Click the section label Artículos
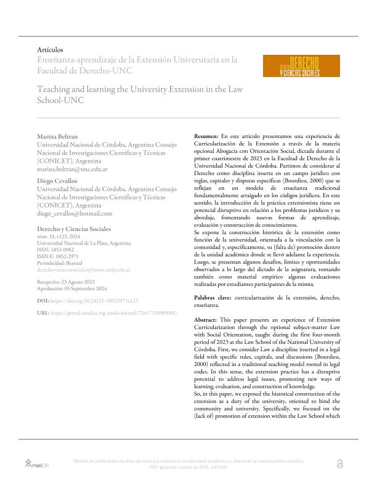(x=51, y=49)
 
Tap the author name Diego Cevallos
(x=59, y=181)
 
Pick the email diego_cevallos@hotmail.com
(x=75, y=213)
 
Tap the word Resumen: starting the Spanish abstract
(x=206, y=135)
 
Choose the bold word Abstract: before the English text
(x=206, y=320)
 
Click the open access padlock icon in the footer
(x=341, y=464)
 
